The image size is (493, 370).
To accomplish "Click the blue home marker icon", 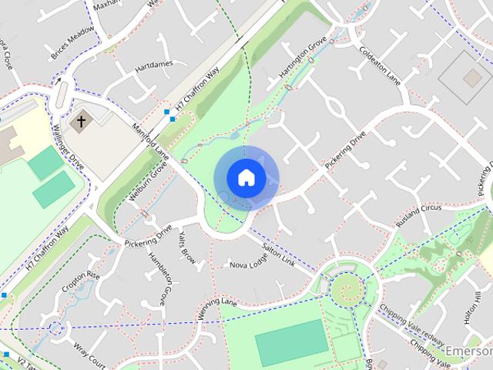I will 246,177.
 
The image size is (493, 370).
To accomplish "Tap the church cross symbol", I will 80,122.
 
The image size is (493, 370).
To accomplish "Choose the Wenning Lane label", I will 217,301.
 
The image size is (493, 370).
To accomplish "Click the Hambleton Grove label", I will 158,277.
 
